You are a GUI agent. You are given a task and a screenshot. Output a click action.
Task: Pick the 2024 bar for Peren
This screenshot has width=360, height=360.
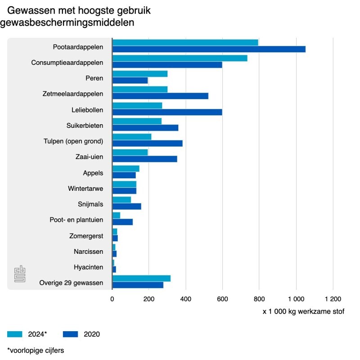coord(139,74)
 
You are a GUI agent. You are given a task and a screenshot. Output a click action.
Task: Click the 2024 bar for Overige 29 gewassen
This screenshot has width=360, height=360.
coord(141,278)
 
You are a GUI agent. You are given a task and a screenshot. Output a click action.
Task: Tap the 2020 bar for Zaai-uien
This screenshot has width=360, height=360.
coord(144,159)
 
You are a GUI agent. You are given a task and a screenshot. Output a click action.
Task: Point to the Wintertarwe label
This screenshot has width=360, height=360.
coord(86,189)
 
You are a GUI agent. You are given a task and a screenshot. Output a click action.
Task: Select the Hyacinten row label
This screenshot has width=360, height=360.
coord(89,267)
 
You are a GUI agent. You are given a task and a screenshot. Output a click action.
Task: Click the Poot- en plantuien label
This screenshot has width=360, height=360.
coord(76,220)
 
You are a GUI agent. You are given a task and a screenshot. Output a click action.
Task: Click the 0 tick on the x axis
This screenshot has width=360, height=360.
coord(112,298)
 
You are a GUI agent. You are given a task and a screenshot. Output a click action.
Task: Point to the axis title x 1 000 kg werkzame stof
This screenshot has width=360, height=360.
coord(303,311)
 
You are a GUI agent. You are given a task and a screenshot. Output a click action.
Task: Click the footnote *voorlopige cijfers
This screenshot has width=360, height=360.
coord(36,350)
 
